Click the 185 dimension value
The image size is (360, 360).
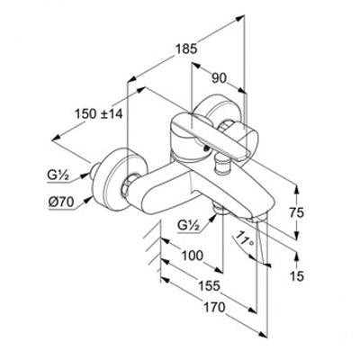point(186,49)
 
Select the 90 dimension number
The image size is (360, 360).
point(219,79)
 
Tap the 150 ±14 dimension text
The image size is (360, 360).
point(99,113)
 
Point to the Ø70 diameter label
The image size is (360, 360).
point(61,202)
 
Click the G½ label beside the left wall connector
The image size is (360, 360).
point(58,175)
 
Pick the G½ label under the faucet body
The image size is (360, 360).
point(188,225)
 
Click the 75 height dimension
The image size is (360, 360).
point(297,212)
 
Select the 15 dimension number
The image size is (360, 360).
point(297,276)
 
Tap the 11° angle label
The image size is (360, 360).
point(246,239)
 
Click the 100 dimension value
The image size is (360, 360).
point(193,256)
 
